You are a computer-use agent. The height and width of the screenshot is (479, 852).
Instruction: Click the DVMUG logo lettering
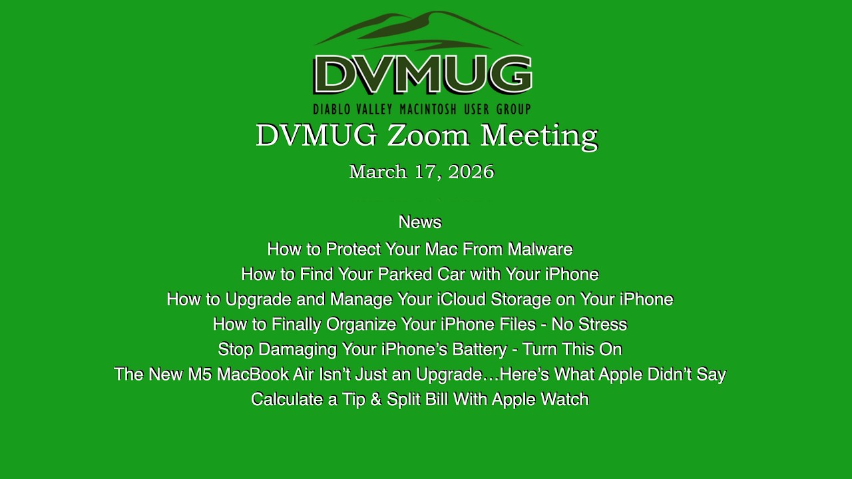[x=422, y=74]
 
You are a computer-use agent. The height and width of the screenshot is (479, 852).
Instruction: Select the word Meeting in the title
[x=538, y=136]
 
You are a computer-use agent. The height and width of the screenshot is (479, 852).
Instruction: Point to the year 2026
[x=471, y=172]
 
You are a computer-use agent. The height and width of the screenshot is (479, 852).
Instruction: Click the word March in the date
[x=377, y=172]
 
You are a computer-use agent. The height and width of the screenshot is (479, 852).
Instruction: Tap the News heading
[x=419, y=222]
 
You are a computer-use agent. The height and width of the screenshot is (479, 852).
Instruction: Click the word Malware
[x=540, y=249]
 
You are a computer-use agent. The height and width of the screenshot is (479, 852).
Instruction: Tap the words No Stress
[x=589, y=325]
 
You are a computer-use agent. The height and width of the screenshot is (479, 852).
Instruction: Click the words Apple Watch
[x=540, y=399]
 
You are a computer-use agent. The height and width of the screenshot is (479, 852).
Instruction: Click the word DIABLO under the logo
[x=331, y=109]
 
